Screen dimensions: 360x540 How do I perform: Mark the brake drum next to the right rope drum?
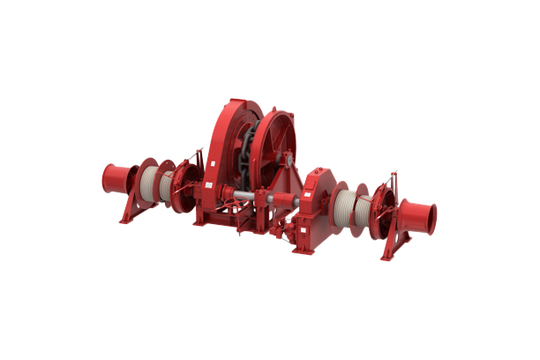(383, 212)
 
